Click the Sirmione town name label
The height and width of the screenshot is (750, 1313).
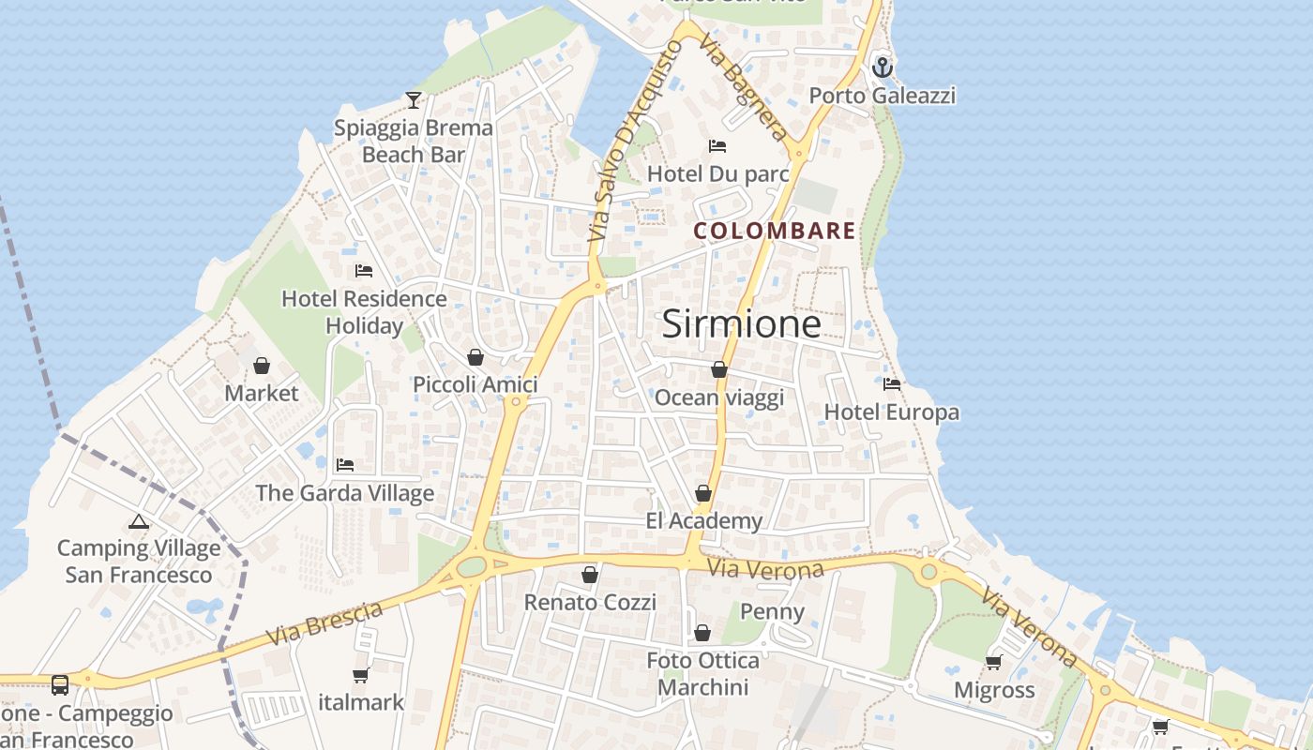click(741, 324)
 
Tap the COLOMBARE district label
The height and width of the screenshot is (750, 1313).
click(775, 231)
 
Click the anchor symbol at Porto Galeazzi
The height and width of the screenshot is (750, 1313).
click(882, 67)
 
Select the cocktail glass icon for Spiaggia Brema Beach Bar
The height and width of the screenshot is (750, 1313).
click(414, 99)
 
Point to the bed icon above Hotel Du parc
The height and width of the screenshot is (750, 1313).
click(717, 146)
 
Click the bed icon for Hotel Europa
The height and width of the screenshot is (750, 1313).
click(892, 384)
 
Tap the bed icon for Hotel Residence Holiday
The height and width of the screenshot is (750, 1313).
click(364, 272)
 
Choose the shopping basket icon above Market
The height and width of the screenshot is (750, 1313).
click(262, 366)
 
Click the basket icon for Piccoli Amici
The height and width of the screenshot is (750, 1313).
click(475, 357)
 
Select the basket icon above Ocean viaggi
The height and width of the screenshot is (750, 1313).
click(719, 370)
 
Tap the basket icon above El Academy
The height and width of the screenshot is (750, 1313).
click(703, 493)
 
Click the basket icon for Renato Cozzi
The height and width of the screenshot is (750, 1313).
click(590, 575)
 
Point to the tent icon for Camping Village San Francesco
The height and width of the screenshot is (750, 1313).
click(139, 521)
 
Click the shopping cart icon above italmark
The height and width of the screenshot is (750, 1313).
click(361, 675)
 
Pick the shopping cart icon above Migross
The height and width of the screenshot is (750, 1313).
click(994, 663)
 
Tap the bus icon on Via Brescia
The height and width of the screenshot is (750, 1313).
click(60, 684)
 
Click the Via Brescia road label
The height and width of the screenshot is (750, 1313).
click(324, 623)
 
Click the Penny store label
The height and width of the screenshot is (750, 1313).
click(773, 612)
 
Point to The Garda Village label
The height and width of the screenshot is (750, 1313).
click(345, 493)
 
